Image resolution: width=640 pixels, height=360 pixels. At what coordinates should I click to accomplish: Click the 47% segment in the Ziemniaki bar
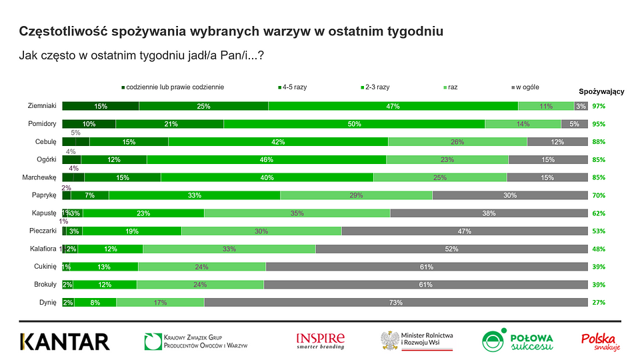393,106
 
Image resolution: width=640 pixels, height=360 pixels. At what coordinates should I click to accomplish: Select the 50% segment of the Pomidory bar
354,124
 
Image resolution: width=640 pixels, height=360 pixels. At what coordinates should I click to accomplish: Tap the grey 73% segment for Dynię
396,303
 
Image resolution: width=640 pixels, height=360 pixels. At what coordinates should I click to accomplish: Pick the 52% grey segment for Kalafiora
452,249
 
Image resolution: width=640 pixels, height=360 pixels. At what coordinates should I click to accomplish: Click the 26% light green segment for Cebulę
457,142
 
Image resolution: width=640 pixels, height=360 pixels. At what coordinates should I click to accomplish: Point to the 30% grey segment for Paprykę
510,195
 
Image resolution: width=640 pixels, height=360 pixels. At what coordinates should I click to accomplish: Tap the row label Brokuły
45,285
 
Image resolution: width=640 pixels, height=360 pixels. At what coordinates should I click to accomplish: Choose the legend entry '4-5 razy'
294,87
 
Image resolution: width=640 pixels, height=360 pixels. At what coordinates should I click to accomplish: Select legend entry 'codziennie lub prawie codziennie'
175,87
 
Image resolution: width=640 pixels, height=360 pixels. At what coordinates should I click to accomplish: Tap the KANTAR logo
65,341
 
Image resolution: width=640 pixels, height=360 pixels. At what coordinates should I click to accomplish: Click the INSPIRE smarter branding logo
321,341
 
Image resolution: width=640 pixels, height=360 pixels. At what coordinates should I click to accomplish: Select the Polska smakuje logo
601,341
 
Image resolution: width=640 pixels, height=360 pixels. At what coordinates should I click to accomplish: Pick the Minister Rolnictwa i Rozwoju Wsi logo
417,340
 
